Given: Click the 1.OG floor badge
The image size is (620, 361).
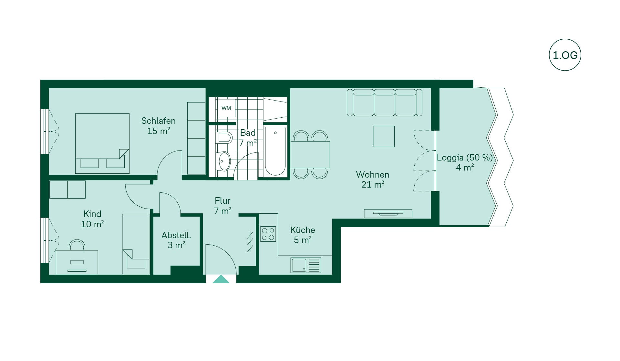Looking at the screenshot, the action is pyautogui.click(x=565, y=55).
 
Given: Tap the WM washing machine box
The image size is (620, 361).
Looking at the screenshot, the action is pyautogui.click(x=226, y=108).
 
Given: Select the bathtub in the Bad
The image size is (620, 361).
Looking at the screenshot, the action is pyautogui.click(x=275, y=151).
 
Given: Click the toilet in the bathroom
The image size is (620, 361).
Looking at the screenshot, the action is pyautogui.click(x=224, y=138).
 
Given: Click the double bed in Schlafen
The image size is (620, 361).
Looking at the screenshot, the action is pyautogui.click(x=102, y=143).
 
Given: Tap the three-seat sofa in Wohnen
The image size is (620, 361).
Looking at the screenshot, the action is pyautogui.click(x=384, y=102).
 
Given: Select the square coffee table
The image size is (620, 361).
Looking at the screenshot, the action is pyautogui.click(x=384, y=136).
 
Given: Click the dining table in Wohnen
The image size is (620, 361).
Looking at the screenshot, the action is pyautogui.click(x=310, y=155).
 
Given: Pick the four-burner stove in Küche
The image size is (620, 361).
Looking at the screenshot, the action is pyautogui.click(x=268, y=234).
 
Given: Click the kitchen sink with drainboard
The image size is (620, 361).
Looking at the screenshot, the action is pyautogui.click(x=305, y=265).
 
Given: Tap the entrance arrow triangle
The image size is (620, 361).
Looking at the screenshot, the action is pyautogui.click(x=221, y=279).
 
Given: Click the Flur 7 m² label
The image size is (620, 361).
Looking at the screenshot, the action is pyautogui.click(x=222, y=206).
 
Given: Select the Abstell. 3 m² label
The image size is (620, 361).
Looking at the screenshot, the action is pyautogui.click(x=176, y=240).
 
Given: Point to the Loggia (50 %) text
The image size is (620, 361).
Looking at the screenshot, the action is pyautogui.click(x=465, y=158).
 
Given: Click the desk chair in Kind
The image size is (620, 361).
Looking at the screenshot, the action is pyautogui.click(x=77, y=245).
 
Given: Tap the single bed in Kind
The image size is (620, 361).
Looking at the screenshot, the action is pyautogui.click(x=136, y=244).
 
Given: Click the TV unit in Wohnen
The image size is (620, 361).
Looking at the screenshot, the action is pyautogui.click(x=388, y=213).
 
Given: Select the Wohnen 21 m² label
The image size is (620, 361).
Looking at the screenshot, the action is pyautogui.click(x=373, y=180).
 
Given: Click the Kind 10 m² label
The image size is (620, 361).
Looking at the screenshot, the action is pyautogui.click(x=92, y=219).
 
